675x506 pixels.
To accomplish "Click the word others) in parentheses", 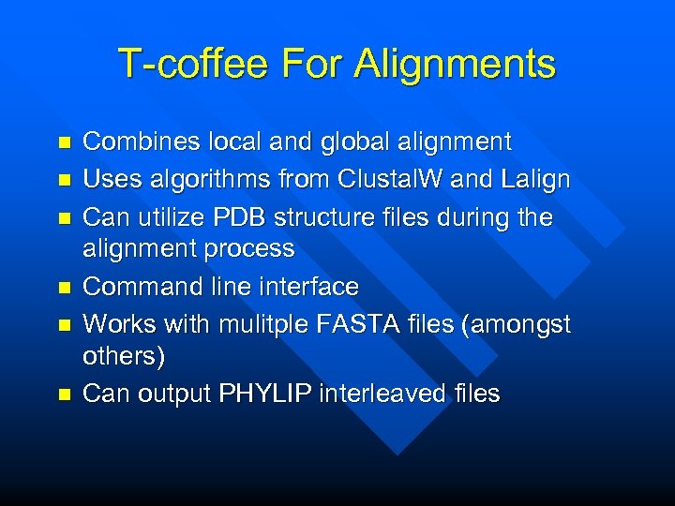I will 123,356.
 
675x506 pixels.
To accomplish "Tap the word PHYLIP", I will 264,394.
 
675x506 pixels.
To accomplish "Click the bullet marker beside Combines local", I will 64,143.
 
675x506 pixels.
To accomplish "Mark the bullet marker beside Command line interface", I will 64,287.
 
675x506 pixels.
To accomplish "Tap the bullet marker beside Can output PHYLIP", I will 64,394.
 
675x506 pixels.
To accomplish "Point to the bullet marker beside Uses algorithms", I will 64,179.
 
